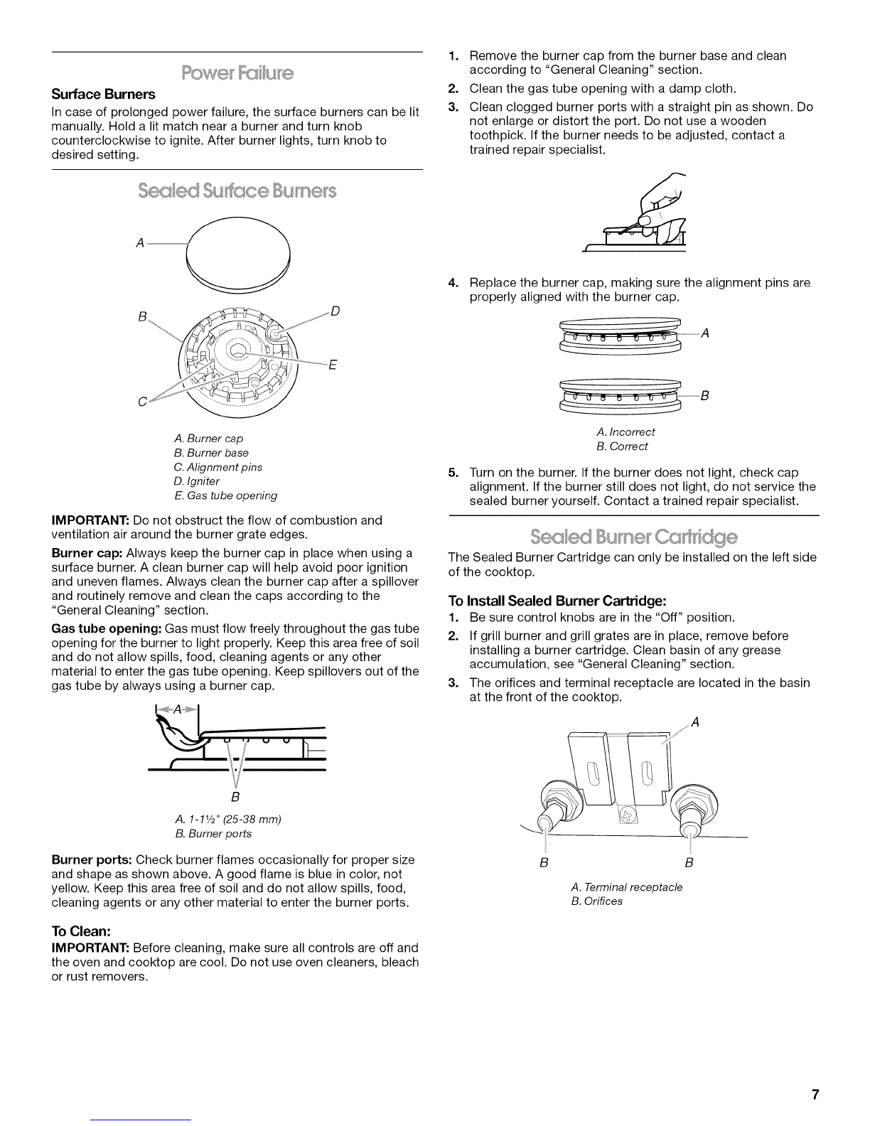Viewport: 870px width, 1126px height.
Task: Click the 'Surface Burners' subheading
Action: (103, 95)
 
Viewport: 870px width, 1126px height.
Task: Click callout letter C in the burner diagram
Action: (142, 402)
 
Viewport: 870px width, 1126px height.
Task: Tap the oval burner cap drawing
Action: (238, 248)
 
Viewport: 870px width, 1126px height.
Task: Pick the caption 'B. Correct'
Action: (622, 446)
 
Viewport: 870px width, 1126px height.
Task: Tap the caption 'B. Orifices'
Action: (596, 901)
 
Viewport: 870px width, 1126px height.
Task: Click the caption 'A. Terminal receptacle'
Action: (626, 887)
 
